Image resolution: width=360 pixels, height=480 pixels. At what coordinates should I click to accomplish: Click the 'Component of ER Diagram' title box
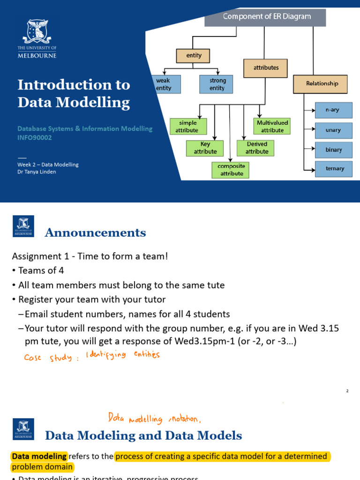[x=265, y=17]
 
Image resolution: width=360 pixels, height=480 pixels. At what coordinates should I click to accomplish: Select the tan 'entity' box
[x=193, y=56]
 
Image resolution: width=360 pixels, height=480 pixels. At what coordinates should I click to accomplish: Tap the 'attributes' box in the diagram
[x=266, y=68]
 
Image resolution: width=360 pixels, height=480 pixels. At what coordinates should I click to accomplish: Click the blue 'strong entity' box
[x=216, y=85]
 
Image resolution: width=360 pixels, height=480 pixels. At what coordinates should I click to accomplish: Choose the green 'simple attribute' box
[x=187, y=127]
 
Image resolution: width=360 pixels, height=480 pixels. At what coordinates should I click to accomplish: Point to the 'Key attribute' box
[x=205, y=148]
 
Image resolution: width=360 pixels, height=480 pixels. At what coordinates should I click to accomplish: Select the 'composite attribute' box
[x=231, y=170]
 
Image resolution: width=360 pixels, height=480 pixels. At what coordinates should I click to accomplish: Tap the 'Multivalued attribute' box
[x=272, y=126]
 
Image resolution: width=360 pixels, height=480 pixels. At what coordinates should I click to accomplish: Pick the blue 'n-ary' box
[x=333, y=110]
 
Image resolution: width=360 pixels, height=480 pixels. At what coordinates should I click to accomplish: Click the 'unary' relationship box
[x=333, y=130]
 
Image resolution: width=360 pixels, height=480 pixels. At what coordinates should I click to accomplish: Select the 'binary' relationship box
[x=333, y=150]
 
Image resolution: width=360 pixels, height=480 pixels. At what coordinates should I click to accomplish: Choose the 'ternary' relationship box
[x=333, y=169]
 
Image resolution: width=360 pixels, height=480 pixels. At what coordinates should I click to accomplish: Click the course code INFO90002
[x=35, y=138]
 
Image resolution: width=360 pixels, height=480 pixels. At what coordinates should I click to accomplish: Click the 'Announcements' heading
[x=95, y=233]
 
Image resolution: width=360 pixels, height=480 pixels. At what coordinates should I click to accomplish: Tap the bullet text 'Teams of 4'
[x=41, y=270]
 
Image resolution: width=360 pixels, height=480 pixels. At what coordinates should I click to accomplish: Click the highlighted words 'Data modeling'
[x=39, y=456]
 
